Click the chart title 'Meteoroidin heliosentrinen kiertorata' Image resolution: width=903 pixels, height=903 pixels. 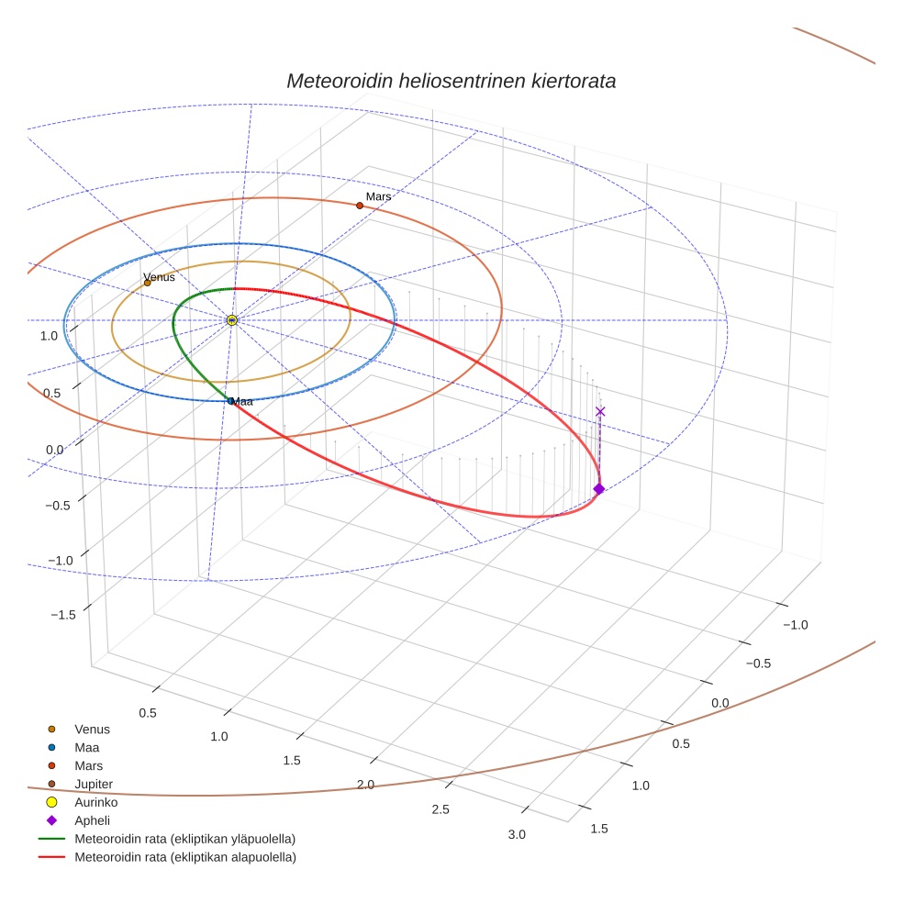coord(451,81)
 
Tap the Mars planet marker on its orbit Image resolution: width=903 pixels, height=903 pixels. coord(360,206)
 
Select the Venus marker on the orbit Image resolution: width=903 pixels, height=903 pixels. coord(148,283)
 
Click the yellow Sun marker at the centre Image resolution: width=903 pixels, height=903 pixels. coord(232,320)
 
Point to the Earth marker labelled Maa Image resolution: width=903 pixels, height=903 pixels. coord(230,401)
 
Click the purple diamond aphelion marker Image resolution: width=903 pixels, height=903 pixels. coord(599,489)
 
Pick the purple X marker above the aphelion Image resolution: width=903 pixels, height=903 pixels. coord(600,411)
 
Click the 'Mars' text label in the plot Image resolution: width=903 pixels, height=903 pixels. coord(378,196)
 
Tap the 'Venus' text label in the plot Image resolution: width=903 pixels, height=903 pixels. coord(159,276)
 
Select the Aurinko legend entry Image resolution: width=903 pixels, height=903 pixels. coord(96,802)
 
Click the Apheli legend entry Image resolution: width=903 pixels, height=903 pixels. coord(92,820)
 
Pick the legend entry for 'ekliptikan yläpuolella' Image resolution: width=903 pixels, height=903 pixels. coord(184,839)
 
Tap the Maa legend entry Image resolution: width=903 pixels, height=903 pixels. coord(87,747)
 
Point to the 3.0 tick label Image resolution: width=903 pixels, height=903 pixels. coord(517,834)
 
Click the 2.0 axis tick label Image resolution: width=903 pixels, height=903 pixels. coord(366,785)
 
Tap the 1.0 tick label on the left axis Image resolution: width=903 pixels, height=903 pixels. coord(49,336)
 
